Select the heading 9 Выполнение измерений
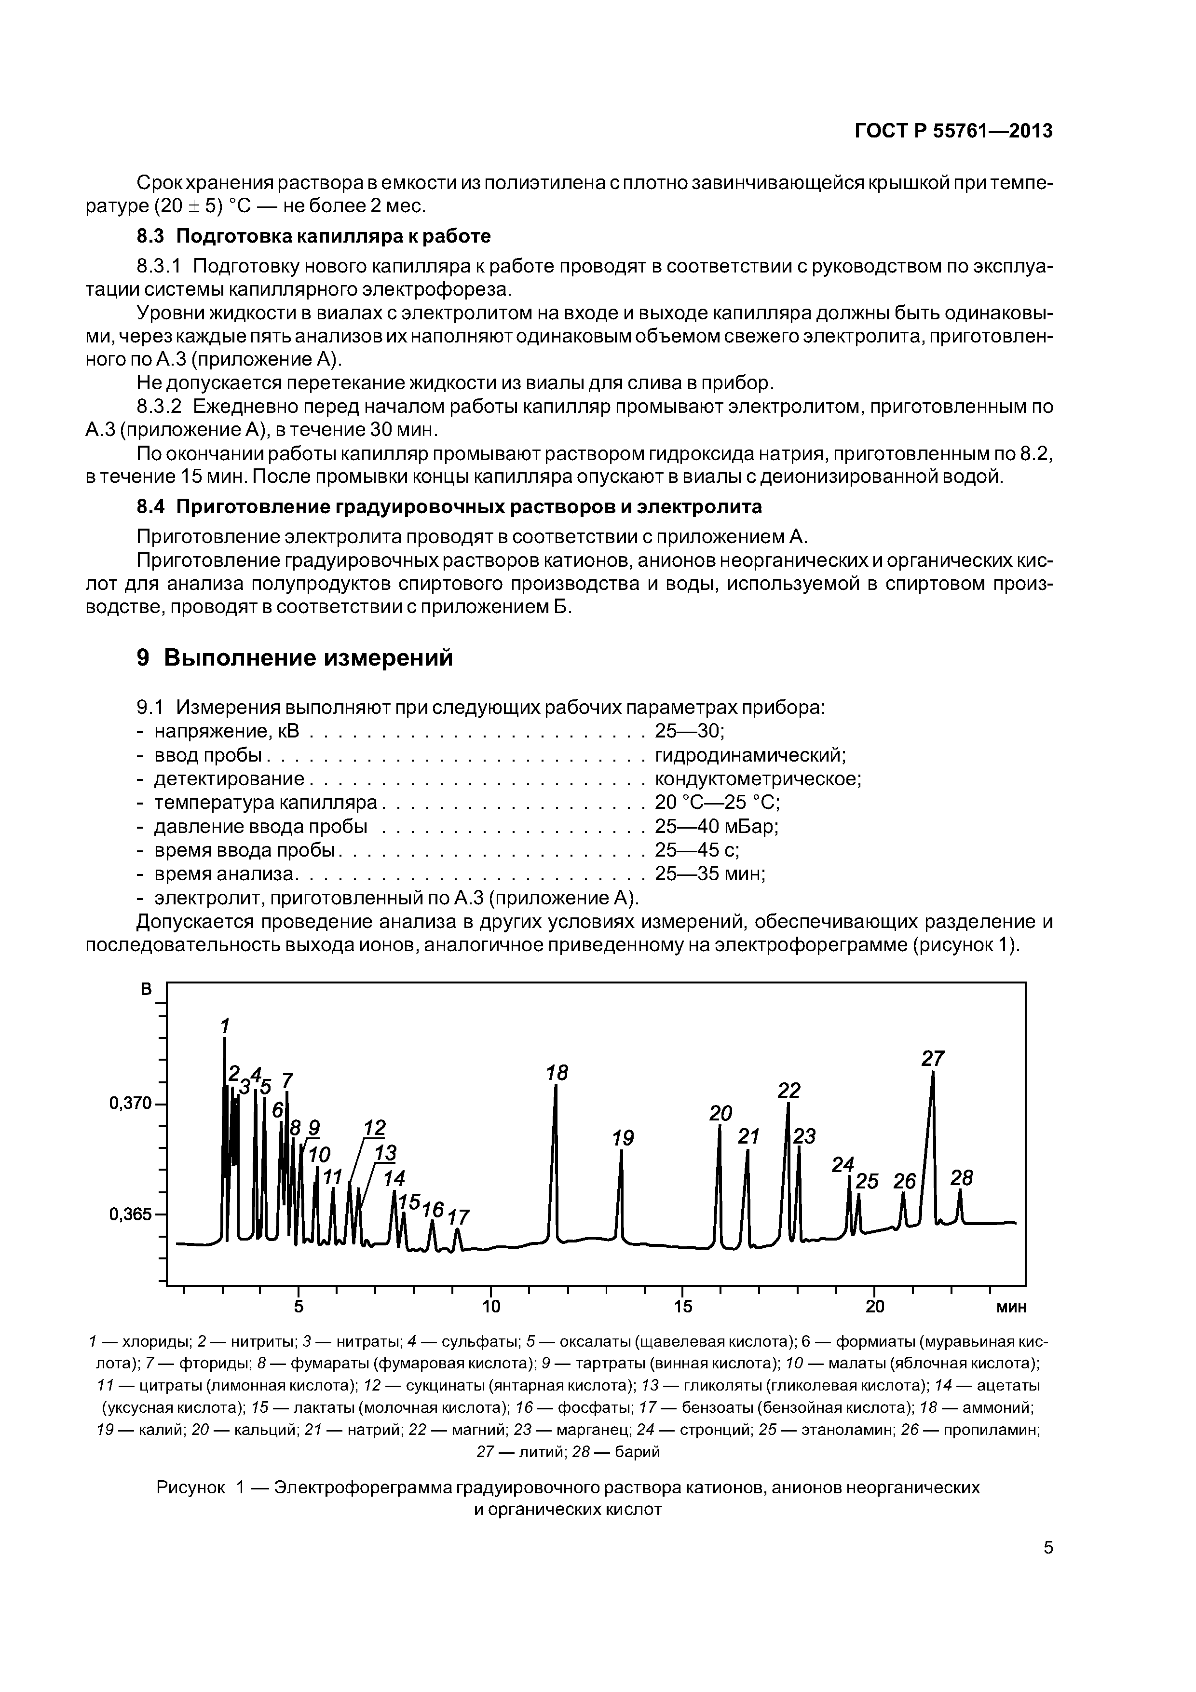click(295, 657)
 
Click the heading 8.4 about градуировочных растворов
click(449, 507)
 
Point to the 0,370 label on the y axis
click(130, 1103)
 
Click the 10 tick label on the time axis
click(491, 1307)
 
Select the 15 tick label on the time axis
click(682, 1307)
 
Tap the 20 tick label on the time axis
click(875, 1307)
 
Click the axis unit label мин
click(1011, 1307)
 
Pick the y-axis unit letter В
click(147, 990)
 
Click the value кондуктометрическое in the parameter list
click(758, 779)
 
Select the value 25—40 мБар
click(716, 826)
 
